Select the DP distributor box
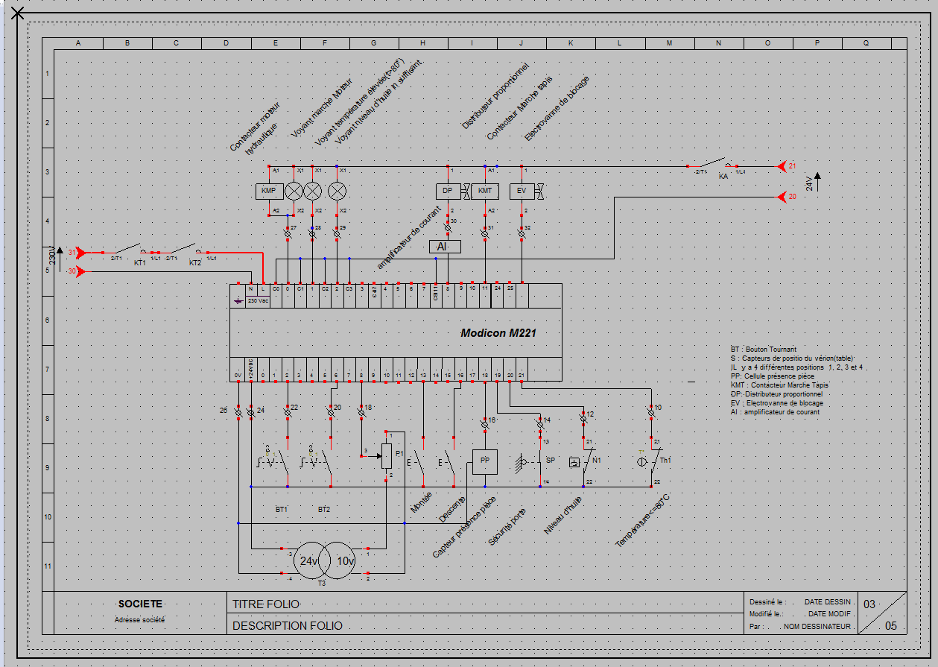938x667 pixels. point(448,191)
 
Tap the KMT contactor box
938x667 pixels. point(485,191)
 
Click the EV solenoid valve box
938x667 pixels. point(522,191)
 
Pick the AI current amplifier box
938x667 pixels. point(445,247)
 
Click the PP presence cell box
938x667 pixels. point(485,461)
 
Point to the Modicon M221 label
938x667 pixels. point(498,334)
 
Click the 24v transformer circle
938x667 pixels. point(308,561)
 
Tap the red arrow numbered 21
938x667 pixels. point(783,165)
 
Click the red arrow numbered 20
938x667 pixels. point(783,197)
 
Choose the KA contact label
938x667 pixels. point(723,177)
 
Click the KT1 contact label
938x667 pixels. point(139,263)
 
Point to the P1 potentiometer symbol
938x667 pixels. point(387,455)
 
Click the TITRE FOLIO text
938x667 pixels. point(266,604)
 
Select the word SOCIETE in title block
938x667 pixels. point(140,604)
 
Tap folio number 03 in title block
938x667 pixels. point(869,604)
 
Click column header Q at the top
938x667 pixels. point(866,43)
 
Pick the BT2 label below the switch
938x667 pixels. point(324,510)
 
